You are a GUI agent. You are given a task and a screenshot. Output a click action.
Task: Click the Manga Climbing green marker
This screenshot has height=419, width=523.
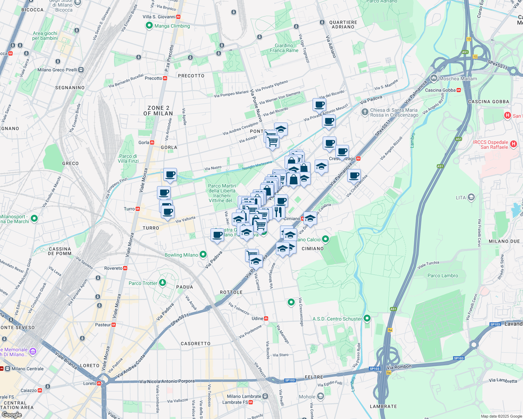[149, 25]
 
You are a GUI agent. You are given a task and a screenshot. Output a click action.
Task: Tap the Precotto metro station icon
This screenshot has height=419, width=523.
[165, 78]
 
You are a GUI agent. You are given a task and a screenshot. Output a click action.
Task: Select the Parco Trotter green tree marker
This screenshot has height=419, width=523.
[162, 282]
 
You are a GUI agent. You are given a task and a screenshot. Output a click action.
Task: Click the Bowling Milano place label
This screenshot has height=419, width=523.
[181, 255]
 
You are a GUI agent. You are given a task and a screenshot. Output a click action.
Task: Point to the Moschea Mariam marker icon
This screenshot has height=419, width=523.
[434, 78]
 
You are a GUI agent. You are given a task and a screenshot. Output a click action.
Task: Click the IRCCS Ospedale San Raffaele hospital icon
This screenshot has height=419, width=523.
[513, 144]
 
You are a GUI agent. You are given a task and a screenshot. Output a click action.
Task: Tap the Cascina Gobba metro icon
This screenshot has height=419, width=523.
[459, 90]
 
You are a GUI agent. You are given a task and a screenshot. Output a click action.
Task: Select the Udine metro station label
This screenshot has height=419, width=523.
[258, 318]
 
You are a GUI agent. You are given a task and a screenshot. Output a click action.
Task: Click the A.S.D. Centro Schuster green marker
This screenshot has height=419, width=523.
[367, 318]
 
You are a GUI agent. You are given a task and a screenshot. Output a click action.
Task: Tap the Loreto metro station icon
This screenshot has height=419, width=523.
[99, 383]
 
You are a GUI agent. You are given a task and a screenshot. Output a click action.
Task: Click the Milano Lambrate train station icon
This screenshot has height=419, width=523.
[265, 396]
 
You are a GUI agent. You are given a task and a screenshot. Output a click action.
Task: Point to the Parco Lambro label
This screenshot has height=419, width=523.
[443, 275]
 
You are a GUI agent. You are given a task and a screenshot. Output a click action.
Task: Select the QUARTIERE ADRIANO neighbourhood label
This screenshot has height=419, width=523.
[343, 24]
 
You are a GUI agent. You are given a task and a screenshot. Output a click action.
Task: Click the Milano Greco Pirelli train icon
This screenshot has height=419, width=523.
[81, 70]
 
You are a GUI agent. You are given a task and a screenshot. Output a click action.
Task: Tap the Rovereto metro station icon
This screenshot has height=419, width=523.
[125, 268]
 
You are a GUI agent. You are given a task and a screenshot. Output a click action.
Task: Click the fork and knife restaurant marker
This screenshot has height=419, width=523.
[278, 212]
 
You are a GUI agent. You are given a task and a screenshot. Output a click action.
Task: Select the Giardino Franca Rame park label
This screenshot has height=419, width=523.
[284, 48]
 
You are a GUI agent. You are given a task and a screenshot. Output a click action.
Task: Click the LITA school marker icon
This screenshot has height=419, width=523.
[471, 198]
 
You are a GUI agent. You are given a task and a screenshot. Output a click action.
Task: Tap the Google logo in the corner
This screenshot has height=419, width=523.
[12, 415]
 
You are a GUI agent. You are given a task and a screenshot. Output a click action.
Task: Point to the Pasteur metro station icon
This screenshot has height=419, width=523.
[113, 325]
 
